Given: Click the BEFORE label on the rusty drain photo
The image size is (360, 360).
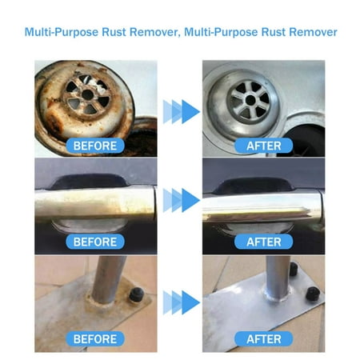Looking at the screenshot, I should click(x=95, y=146).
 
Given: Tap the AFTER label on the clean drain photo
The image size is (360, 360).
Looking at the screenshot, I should click(x=263, y=146).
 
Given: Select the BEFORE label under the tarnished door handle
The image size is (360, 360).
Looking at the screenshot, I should click(x=95, y=241).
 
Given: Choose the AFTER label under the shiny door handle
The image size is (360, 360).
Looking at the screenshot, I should click(x=263, y=241).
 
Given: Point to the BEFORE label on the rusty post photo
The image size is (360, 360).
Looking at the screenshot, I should click(x=95, y=338).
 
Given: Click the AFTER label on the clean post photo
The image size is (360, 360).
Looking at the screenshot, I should click(x=263, y=338).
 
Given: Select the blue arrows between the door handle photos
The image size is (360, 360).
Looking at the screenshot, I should click(x=181, y=199).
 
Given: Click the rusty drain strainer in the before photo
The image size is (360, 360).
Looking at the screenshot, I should click(x=85, y=94).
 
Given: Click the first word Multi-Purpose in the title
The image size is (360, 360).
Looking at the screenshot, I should click(x=60, y=33).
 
